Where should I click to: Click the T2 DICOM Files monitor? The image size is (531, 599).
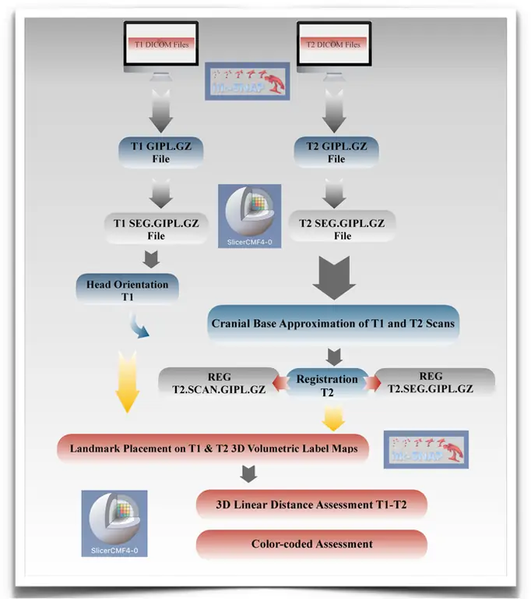[x=335, y=45]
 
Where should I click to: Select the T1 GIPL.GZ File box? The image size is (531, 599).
[x=162, y=151]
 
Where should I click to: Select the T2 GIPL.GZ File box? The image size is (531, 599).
[x=336, y=151]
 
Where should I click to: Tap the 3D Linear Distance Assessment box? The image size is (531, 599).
[x=312, y=505]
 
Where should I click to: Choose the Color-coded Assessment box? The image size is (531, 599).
[x=311, y=544]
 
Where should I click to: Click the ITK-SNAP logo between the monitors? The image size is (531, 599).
[x=248, y=80]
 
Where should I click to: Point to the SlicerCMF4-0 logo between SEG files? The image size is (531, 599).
[x=248, y=215]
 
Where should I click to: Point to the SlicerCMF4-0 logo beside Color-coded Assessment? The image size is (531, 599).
[x=114, y=523]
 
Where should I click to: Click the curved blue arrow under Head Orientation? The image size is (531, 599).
[x=141, y=327]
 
